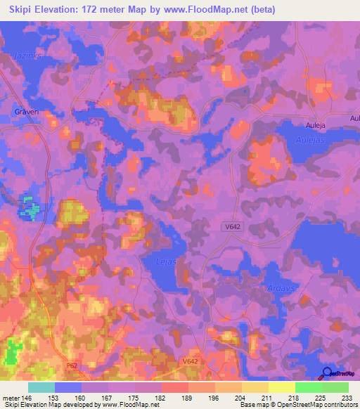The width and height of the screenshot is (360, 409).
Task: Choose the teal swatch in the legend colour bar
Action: [41, 387]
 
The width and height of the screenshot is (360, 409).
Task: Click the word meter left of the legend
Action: [10, 397]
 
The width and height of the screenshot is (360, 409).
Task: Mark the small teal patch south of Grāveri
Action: [30, 208]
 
